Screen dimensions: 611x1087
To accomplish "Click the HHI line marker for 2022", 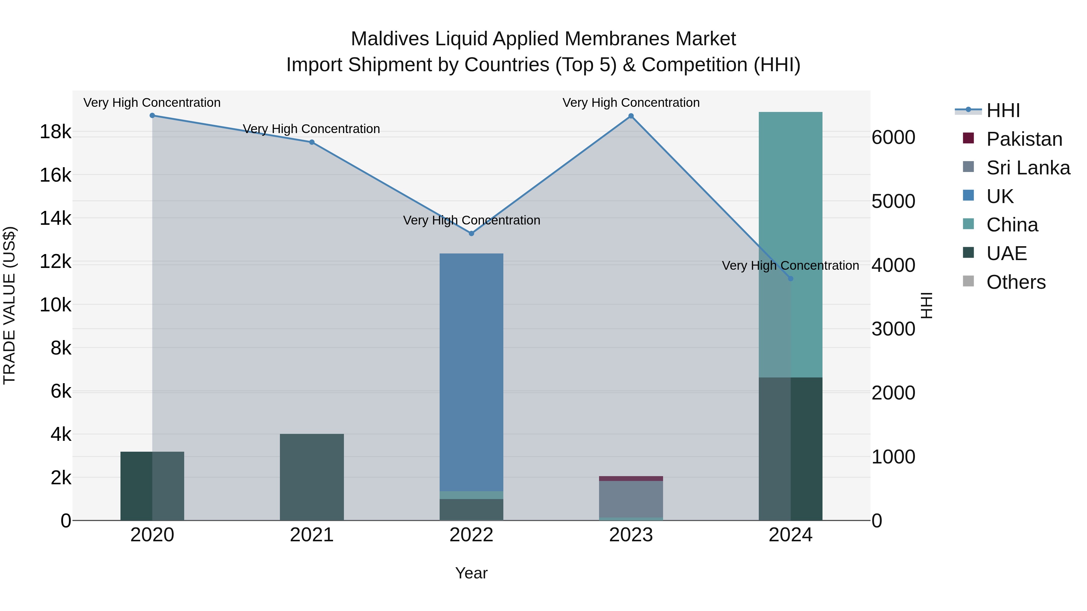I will pos(471,233).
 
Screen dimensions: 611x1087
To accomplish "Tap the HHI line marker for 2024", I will pos(790,278).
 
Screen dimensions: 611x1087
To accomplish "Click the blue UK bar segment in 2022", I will pos(471,371).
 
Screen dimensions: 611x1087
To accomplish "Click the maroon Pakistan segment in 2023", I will pos(631,478).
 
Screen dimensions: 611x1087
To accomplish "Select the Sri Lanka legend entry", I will pos(1028,167).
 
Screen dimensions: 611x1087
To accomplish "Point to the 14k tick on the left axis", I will pos(55,218).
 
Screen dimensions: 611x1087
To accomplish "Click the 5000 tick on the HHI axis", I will pos(893,201).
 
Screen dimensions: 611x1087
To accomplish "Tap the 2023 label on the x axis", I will pos(631,535).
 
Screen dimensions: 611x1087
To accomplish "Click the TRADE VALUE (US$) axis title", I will pos(9,305).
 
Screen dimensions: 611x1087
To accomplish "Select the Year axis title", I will pos(471,573).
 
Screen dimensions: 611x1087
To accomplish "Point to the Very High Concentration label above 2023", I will pos(631,103).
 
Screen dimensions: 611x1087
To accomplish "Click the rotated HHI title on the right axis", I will pos(926,305).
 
